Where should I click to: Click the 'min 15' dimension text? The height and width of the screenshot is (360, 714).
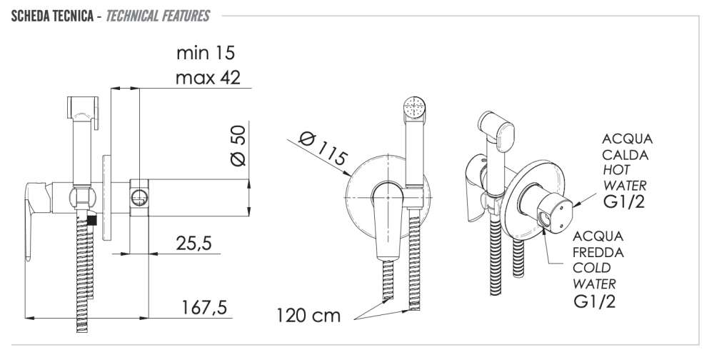click(206, 53)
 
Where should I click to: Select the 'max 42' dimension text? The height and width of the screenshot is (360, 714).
click(208, 77)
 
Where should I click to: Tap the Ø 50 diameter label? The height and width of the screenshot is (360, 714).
click(238, 146)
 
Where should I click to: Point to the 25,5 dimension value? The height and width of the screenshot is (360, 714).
click(194, 244)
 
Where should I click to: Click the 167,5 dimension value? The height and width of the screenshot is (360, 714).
click(204, 308)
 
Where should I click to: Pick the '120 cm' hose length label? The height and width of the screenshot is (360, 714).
click(308, 315)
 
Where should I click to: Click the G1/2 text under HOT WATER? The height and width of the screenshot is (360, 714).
click(624, 201)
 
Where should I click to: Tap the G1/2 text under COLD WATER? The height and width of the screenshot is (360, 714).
click(595, 301)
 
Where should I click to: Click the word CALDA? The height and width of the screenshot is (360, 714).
click(625, 155)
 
